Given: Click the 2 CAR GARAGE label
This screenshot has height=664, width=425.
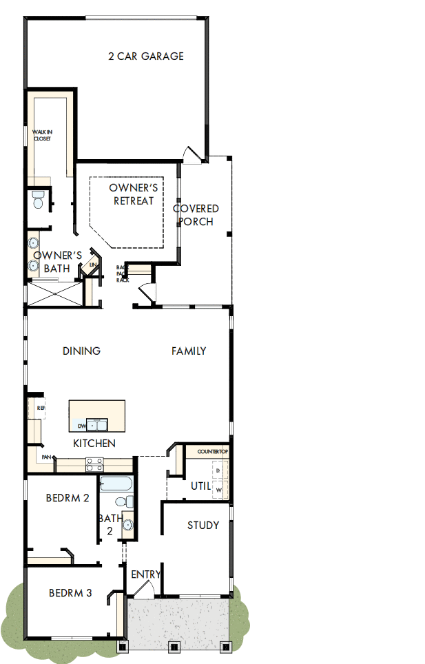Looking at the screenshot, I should pyautogui.click(x=146, y=56).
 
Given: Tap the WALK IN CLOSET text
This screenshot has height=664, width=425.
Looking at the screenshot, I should pyautogui.click(x=42, y=134).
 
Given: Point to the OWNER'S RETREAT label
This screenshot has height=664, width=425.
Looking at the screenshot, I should pyautogui.click(x=134, y=194).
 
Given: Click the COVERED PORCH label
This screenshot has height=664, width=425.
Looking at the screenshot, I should pyautogui.click(x=196, y=215).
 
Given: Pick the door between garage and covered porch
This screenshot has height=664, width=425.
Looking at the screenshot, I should pyautogui.click(x=191, y=155).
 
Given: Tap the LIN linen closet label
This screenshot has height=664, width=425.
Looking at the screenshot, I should pyautogui.click(x=92, y=265).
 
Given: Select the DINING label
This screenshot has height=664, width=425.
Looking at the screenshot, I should pyautogui.click(x=81, y=351).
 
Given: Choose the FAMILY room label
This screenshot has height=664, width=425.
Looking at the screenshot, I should pyautogui.click(x=189, y=351).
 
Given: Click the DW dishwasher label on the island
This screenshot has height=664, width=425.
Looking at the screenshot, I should pyautogui.click(x=81, y=426).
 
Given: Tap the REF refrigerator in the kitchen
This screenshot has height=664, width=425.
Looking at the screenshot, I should pyautogui.click(x=39, y=409).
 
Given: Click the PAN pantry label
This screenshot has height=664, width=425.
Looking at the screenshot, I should pyautogui.click(x=47, y=457).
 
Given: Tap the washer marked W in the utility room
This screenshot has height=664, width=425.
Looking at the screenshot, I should pyautogui.click(x=220, y=490).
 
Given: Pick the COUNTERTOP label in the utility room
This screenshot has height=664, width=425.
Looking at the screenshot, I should pyautogui.click(x=212, y=451).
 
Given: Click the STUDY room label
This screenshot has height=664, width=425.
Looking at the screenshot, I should pyautogui.click(x=203, y=526).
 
